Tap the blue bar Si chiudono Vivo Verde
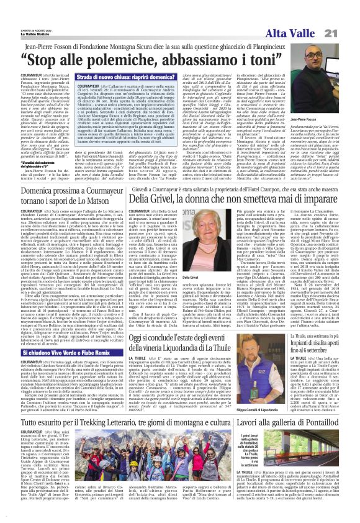pos(74,352)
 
